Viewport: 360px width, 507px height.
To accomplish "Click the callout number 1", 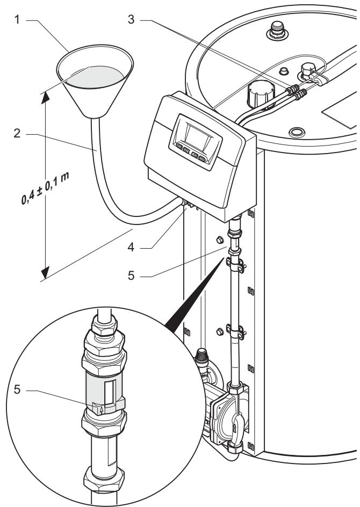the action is pyautogui.click(x=17, y=20).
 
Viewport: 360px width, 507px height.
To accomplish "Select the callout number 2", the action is pyautogui.click(x=17, y=133).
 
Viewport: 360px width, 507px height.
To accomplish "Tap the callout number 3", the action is pyautogui.click(x=131, y=19).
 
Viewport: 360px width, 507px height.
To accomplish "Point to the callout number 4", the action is pyautogui.click(x=131, y=248).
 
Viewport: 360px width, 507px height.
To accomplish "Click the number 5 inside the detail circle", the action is pyautogui.click(x=17, y=389).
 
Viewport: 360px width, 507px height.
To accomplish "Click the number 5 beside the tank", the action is pyautogui.click(x=131, y=276).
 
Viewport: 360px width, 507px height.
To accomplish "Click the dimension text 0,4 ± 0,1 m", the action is pyautogui.click(x=45, y=189).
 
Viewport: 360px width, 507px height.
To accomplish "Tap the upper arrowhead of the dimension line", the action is pyautogui.click(x=45, y=98).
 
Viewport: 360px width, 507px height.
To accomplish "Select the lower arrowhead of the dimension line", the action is pyautogui.click(x=45, y=272).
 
